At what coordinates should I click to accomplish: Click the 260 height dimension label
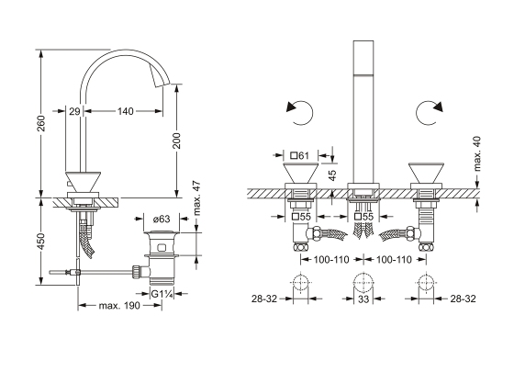click(x=41, y=123)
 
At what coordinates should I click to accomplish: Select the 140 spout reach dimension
click(x=126, y=111)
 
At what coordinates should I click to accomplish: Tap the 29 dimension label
click(x=74, y=111)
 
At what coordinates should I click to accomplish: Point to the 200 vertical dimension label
click(x=176, y=141)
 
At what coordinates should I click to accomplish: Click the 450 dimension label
click(x=41, y=241)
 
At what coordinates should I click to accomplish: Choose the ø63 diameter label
click(x=162, y=219)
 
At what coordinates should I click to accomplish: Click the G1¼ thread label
click(x=162, y=294)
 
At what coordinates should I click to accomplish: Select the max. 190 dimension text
click(x=119, y=306)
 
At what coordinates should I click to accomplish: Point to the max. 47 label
click(x=196, y=198)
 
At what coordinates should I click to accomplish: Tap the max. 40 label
click(x=477, y=153)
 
